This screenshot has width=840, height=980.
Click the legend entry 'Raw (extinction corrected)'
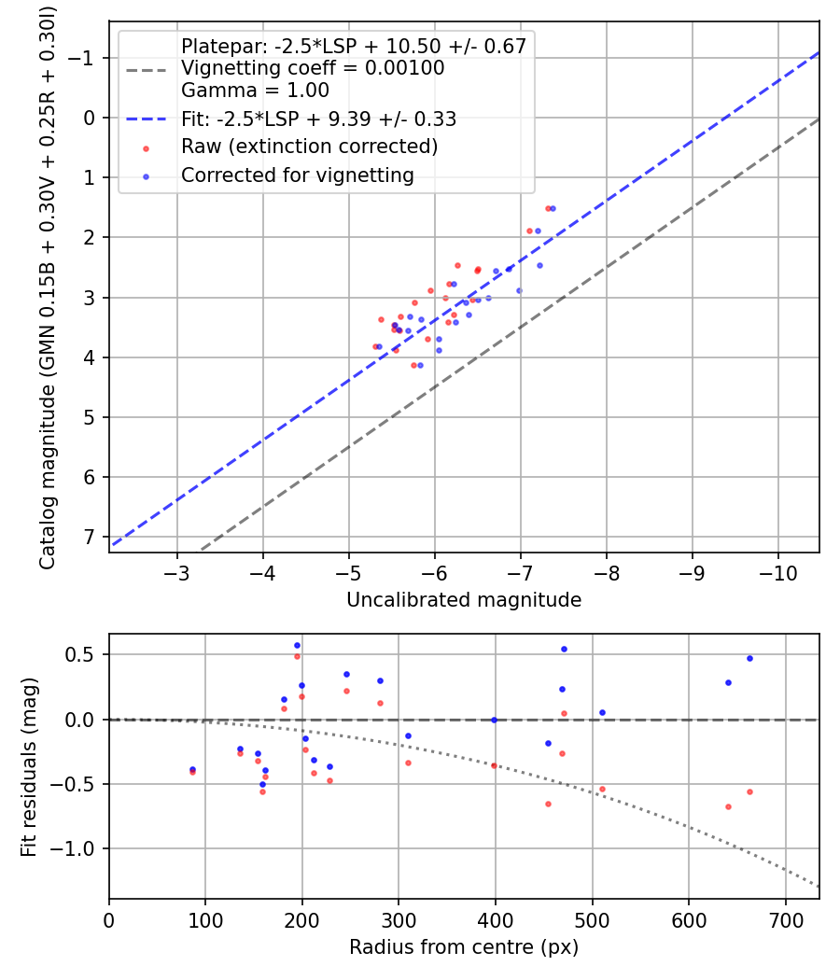point(309,147)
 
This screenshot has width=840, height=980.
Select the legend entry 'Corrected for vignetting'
point(297,175)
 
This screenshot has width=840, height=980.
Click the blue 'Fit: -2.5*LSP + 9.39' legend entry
point(318,119)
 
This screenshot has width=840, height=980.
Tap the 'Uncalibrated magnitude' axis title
point(464,600)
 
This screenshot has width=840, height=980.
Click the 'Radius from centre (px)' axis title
point(464,947)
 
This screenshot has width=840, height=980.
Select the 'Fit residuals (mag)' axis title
point(29,766)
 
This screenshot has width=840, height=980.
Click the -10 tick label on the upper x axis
point(778,571)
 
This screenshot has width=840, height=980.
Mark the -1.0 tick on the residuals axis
point(78,848)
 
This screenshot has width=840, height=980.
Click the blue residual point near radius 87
point(193,769)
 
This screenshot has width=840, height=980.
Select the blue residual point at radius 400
point(495,720)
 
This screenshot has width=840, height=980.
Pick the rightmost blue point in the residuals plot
point(749,658)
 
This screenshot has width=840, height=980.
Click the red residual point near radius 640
point(728,806)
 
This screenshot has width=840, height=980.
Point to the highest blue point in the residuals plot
point(298,645)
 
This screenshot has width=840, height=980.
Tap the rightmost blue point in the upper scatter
point(553,208)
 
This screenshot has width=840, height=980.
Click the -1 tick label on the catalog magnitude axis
point(87,58)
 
